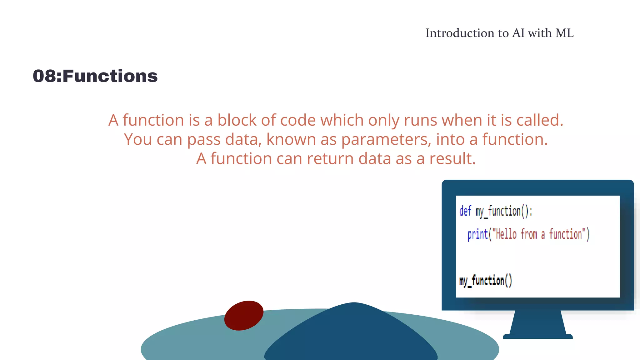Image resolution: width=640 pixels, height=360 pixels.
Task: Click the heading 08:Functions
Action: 95,76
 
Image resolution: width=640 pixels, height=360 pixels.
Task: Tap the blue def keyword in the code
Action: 465,211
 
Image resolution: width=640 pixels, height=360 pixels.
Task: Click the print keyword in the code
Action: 478,234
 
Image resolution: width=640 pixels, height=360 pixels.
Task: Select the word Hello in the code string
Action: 506,234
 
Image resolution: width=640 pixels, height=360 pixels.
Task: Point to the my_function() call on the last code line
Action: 486,281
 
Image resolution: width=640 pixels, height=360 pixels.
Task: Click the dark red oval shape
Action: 244,316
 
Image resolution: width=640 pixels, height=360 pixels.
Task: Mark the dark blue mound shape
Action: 352,334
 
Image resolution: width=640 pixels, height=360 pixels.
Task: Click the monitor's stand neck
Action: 538,322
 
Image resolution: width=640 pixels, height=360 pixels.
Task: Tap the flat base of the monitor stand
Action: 538,337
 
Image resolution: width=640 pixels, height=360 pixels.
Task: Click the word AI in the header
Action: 518,33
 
